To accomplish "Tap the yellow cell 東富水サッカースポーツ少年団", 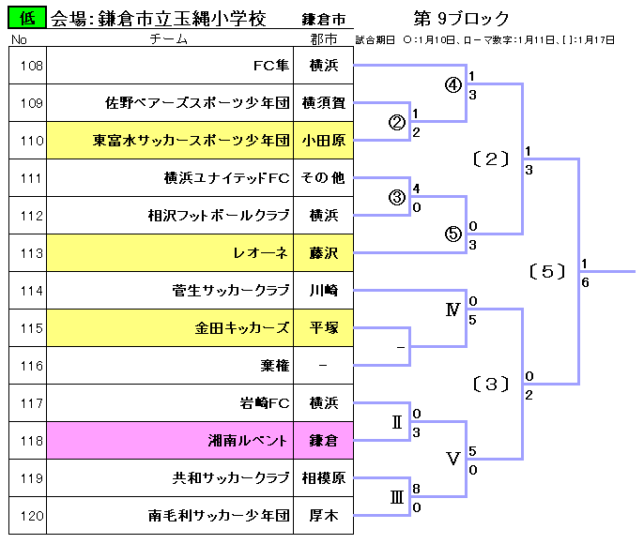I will coord(191,141).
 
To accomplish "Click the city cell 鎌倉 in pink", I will coord(324,441).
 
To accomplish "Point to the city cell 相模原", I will coord(324,478).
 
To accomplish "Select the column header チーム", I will coord(169,39).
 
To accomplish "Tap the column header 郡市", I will coord(324,39).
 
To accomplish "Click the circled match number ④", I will coord(452,85).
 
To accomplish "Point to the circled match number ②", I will coord(396,123).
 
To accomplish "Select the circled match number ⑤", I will coord(452,235).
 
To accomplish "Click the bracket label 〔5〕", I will coord(547,272).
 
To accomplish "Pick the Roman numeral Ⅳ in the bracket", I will coord(452,310).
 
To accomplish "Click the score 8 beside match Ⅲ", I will coord(416,489).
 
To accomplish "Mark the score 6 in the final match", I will coord(586,282).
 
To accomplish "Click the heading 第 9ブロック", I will coord(461,19).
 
